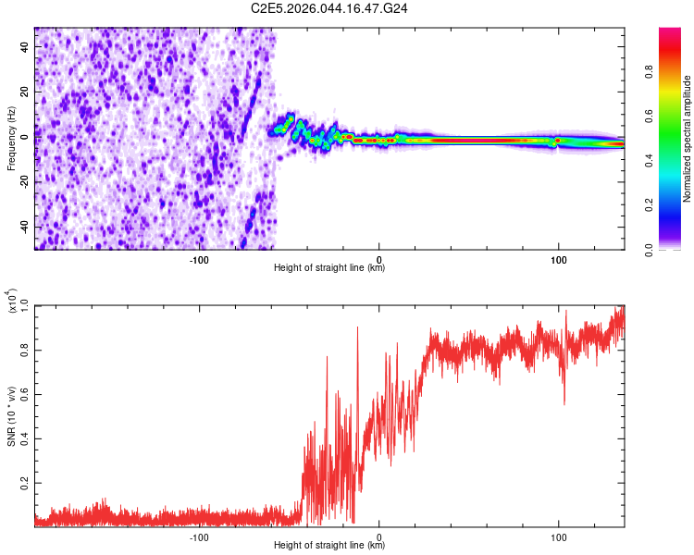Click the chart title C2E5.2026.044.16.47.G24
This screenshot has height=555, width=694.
pos(330,8)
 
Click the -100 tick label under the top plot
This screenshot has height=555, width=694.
pos(199,258)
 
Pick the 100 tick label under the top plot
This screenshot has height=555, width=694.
pos(558,258)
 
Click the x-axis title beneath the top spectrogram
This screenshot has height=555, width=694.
pos(329,268)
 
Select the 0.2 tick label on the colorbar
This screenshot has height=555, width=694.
pos(676,204)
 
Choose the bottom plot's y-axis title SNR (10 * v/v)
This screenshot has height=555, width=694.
pos(11,415)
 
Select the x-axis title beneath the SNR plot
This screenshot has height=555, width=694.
pos(329,546)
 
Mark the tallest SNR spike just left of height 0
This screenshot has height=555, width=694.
pos(357,327)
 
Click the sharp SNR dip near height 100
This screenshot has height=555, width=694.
pos(564,403)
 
